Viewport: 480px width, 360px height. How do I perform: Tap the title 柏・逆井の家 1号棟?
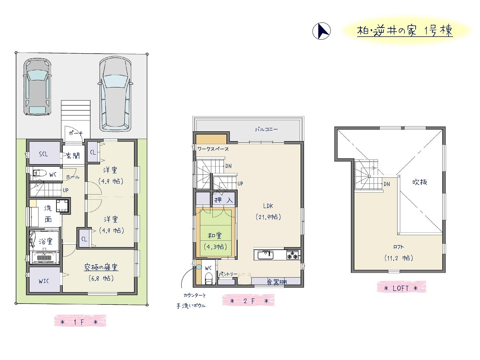[405, 32]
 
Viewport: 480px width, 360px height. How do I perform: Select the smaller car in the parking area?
[37, 86]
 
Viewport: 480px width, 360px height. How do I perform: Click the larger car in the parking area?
[116, 94]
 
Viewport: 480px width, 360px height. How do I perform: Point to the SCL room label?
[44, 154]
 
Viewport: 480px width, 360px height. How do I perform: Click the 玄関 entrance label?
[73, 156]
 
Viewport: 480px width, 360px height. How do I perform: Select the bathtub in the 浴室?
[46, 257]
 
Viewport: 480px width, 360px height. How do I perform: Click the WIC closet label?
[44, 281]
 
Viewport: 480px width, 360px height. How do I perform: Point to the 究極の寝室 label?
[101, 267]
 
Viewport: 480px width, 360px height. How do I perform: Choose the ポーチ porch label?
[76, 133]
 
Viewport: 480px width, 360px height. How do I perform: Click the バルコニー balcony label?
[266, 129]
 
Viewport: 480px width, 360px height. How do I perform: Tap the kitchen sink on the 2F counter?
[266, 255]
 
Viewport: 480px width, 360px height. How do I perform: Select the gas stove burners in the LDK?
[292, 255]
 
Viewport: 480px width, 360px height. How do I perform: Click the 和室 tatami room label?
[214, 235]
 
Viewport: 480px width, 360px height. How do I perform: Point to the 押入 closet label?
[224, 200]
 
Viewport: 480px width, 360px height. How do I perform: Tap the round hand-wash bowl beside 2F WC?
[199, 267]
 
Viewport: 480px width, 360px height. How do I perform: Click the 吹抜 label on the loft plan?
[420, 182]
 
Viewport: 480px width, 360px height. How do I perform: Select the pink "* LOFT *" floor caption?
[401, 288]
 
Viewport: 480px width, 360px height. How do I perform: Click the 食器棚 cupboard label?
[277, 282]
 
